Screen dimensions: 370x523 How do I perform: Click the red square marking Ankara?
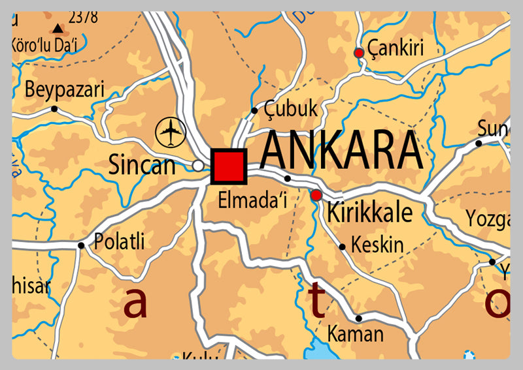tap(229, 166)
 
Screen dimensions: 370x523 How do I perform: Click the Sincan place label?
tap(142, 165)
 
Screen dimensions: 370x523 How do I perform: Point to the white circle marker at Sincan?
tap(197, 166)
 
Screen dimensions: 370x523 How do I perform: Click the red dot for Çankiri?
tap(358, 53)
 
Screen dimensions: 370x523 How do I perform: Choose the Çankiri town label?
tap(396, 48)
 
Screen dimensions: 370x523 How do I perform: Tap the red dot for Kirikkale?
tap(316, 194)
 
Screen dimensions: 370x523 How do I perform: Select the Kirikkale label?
tap(369, 213)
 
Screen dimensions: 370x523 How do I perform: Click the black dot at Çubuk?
tap(254, 110)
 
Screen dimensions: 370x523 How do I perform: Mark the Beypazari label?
tap(64, 91)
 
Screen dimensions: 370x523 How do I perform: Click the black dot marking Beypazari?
tap(54, 109)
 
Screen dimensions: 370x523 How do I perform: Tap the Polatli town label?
tap(119, 241)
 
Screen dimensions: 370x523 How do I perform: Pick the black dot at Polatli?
tap(81, 246)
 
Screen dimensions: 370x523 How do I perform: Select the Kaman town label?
tap(355, 334)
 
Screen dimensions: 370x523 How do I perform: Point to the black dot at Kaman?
tap(358, 318)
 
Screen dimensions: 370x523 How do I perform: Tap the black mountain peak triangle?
tap(58, 29)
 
